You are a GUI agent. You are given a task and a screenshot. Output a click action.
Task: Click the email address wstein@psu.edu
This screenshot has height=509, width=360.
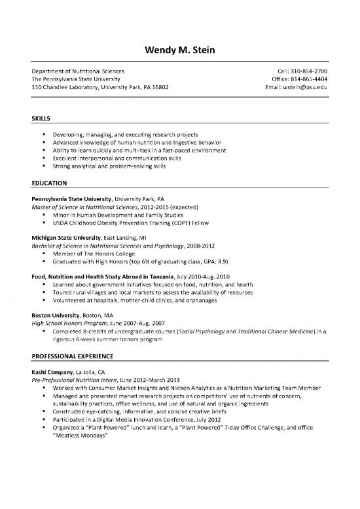pyautogui.click(x=305, y=86)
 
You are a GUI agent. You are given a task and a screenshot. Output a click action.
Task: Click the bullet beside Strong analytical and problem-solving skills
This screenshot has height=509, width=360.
pyautogui.click(x=43, y=166)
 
